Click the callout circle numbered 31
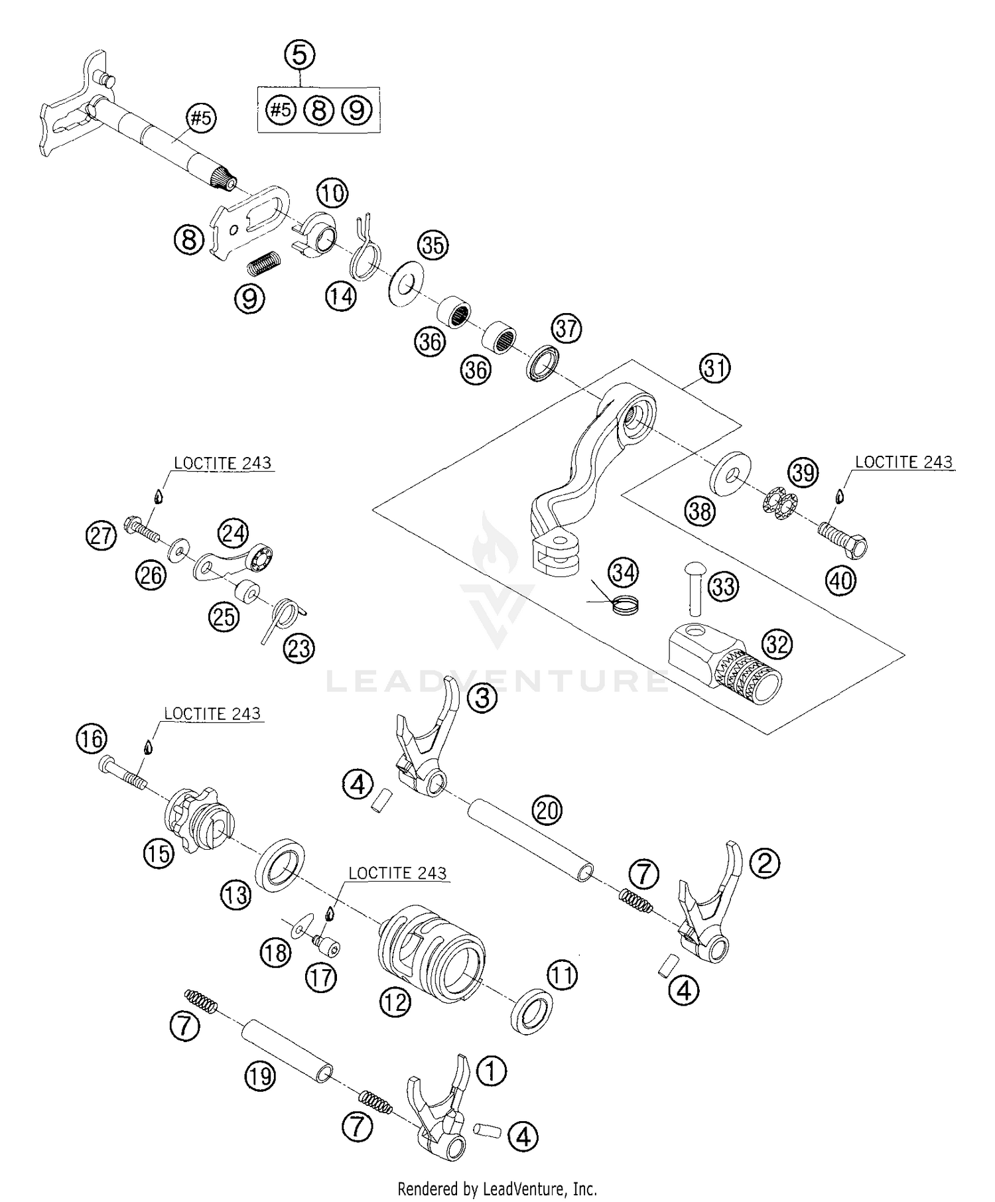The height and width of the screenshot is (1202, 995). point(714,367)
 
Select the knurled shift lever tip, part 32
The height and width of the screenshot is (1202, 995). point(724,666)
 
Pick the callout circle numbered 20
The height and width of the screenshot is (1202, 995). point(547,811)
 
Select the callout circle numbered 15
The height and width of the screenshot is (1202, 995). point(159,854)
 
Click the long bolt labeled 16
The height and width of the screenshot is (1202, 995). point(123,774)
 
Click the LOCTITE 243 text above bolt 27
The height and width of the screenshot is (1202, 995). point(223,462)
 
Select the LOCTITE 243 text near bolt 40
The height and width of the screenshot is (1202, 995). point(903,462)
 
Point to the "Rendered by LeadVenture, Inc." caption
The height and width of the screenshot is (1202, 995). point(497,1188)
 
